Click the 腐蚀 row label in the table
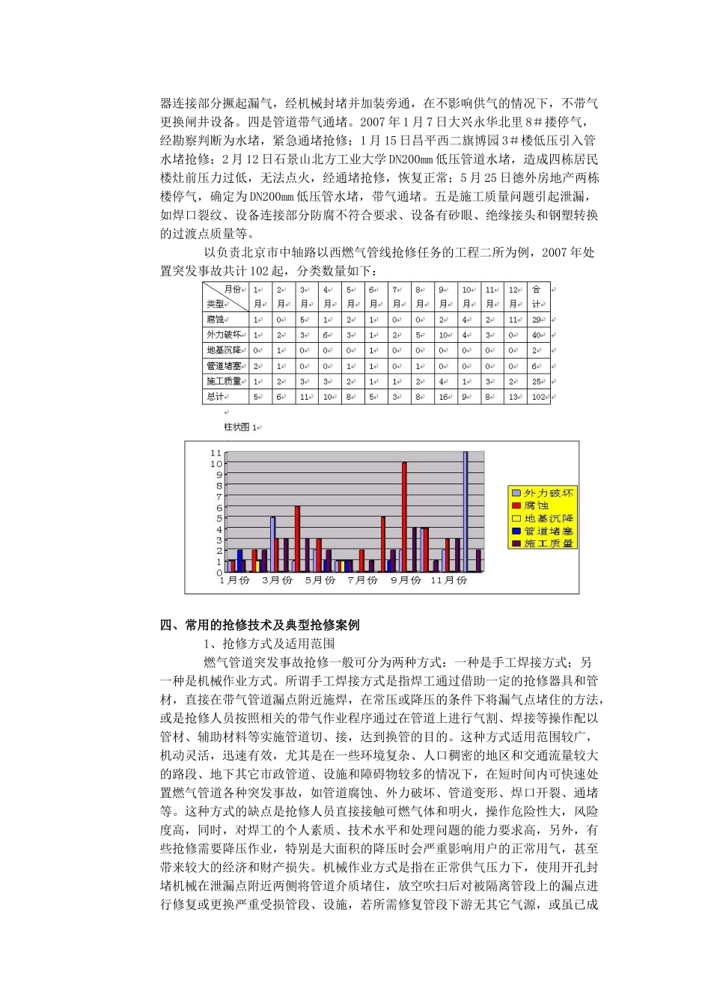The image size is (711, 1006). tap(216, 319)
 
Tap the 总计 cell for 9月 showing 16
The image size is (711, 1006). tap(443, 397)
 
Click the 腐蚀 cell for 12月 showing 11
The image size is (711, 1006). tap(515, 319)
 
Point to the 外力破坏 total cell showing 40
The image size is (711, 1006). tap(537, 335)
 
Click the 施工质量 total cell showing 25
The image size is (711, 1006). tap(537, 382)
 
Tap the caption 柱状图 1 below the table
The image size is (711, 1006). tap(240, 427)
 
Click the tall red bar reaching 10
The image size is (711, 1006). tap(404, 516)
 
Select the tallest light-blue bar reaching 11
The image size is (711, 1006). tap(465, 511)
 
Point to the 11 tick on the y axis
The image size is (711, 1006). tap(216, 453)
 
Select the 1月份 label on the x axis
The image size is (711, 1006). tap(234, 581)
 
